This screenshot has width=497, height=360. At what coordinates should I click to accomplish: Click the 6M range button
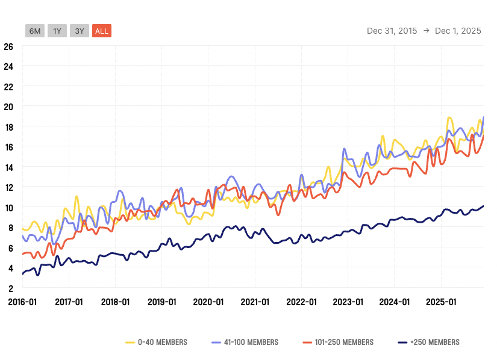[x=35, y=31]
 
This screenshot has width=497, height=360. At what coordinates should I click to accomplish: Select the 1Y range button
[x=57, y=31]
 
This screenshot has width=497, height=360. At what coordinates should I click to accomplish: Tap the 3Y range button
[x=80, y=31]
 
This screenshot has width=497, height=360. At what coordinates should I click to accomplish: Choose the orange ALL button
[x=102, y=31]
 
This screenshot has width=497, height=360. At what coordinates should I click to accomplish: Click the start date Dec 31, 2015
[x=392, y=31]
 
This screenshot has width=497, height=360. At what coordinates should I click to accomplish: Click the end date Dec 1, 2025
[x=458, y=31]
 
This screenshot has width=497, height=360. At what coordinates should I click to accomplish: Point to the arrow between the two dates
[x=426, y=31]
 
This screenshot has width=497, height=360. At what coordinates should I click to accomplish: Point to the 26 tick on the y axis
[x=8, y=46]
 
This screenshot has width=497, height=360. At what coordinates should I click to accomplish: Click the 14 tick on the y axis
[x=8, y=167]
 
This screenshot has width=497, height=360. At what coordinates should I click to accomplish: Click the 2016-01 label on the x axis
[x=22, y=302]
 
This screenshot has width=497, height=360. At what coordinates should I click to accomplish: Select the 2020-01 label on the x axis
[x=208, y=302]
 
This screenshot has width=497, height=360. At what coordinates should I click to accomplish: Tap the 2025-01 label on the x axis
[x=441, y=302]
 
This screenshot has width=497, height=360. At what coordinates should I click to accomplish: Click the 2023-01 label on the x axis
[x=348, y=302]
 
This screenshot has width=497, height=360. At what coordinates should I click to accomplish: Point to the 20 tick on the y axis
[x=8, y=107]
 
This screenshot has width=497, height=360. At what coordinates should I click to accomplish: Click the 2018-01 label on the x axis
[x=115, y=302]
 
